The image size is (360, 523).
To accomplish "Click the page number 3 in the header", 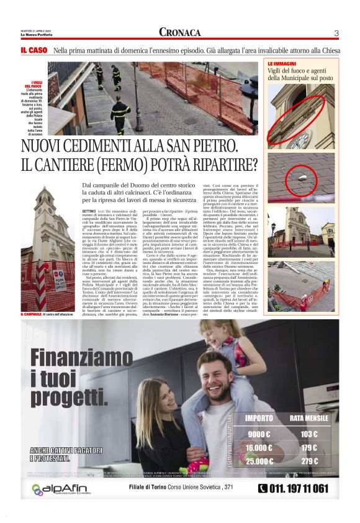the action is [336, 33].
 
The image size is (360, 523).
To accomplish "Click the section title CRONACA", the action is [179, 32].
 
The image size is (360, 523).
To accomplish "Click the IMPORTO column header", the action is [259, 418].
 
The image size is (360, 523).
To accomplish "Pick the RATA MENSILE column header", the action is [308, 418].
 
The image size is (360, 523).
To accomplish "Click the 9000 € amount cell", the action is [259, 434].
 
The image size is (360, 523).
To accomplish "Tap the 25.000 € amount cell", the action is [259, 462].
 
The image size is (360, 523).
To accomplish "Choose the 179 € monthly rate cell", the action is [308, 448].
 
